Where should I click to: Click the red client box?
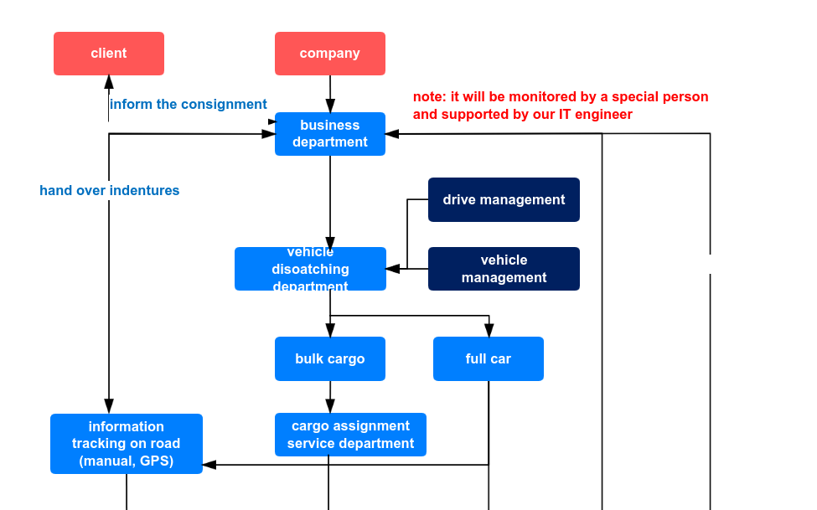point(109,54)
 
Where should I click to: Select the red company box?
point(330,54)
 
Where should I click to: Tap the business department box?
point(330,134)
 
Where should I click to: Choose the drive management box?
point(504,199)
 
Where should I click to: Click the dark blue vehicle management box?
point(504,269)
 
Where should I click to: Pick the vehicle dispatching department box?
point(310,269)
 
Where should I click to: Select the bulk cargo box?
point(330,358)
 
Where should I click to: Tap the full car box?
point(489,358)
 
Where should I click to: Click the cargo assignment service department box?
point(350,435)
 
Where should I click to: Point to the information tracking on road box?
point(127,444)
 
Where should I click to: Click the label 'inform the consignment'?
point(189,105)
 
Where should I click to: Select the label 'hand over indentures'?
point(110,191)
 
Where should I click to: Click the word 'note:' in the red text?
point(430,97)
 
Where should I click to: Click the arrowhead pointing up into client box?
point(109,82)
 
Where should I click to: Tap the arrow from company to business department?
point(330,93)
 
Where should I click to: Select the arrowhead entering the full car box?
point(489,330)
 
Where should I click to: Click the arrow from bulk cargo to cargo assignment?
point(330,397)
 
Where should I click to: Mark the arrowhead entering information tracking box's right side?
point(209,464)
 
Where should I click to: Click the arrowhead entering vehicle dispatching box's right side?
point(393,269)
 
